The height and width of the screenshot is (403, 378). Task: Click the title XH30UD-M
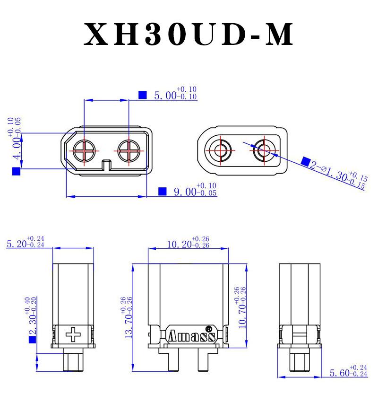point(189,34)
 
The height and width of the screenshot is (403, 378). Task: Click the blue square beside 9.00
point(162,191)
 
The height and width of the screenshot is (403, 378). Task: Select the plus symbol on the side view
point(74,335)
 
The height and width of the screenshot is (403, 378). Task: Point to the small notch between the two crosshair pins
point(107,165)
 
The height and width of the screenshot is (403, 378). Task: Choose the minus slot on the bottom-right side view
point(301,335)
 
